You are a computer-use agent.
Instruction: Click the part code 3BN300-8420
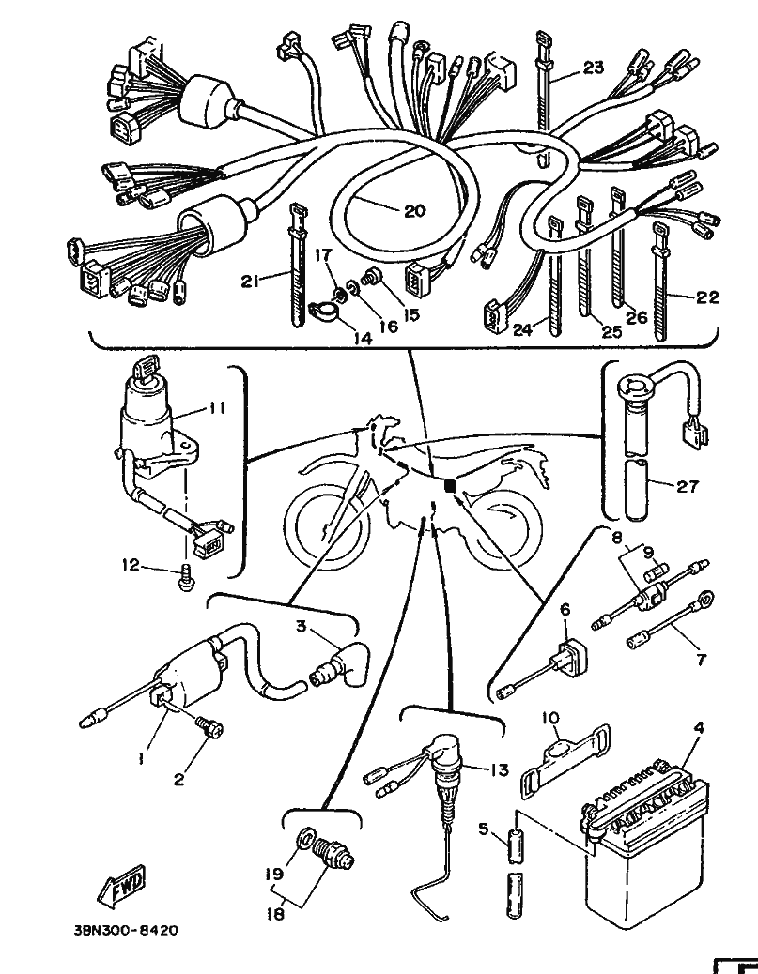click(x=126, y=930)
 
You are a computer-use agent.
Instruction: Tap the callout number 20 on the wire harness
click(x=415, y=211)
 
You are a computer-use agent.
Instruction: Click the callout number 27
click(x=688, y=486)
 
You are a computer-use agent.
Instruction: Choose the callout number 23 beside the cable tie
click(x=594, y=67)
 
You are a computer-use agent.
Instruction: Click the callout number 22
click(x=707, y=297)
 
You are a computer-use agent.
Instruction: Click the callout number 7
click(x=701, y=659)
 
